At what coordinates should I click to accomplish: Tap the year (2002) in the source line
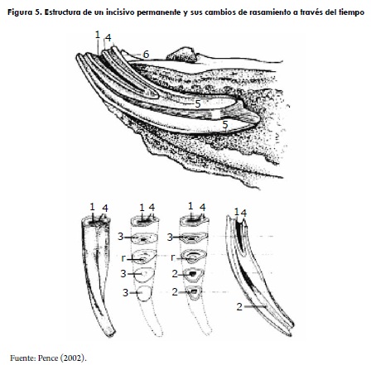coord(73,358)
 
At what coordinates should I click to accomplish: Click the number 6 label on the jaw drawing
coord(146,55)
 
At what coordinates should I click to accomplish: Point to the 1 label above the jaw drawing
coord(97,35)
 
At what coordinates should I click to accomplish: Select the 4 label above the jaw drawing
coord(108,37)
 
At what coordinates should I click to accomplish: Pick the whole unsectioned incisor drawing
coord(98,275)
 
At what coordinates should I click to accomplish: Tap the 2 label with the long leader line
coord(239,306)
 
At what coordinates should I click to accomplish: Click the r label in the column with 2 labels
coord(173,257)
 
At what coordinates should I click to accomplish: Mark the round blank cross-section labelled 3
coord(144,293)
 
